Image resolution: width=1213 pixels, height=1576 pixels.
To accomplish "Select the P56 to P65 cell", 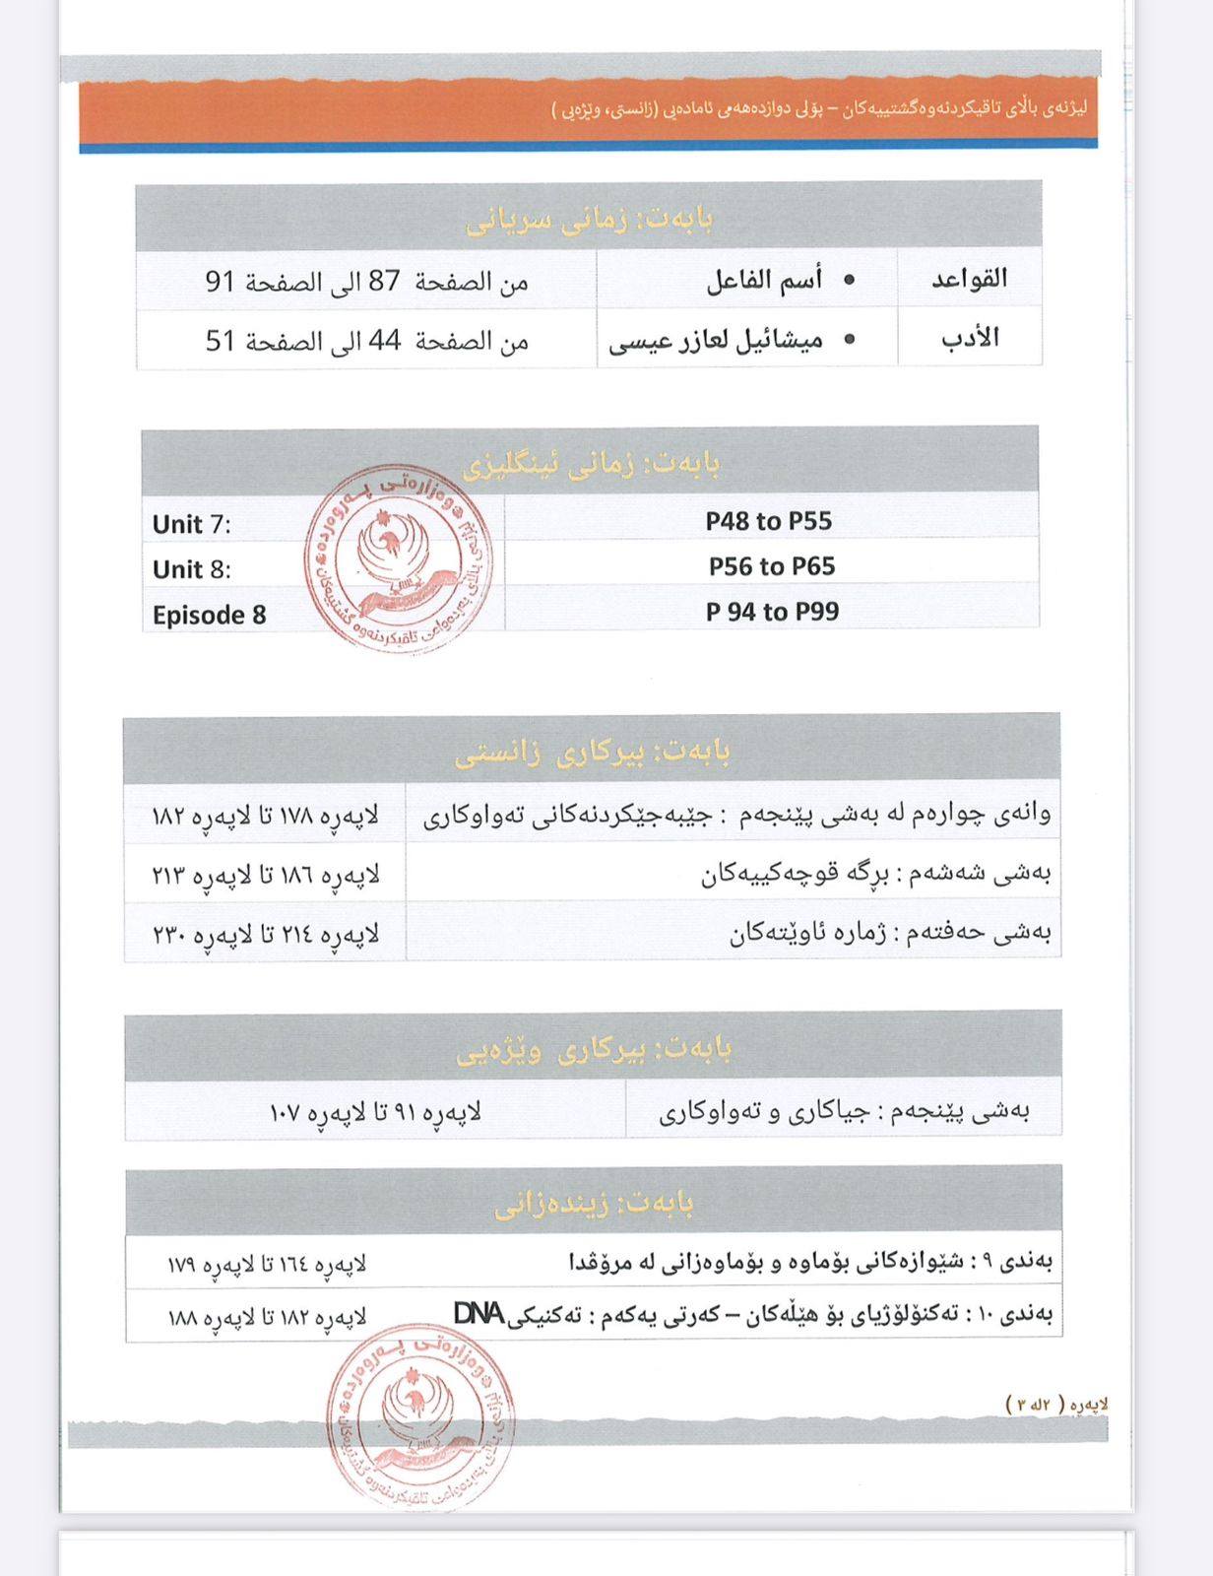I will (x=772, y=566).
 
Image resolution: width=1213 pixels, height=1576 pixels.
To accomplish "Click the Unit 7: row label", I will (x=192, y=524).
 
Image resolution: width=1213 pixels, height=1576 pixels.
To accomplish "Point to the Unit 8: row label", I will (x=192, y=569).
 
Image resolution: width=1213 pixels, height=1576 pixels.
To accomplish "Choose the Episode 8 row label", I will (x=210, y=615).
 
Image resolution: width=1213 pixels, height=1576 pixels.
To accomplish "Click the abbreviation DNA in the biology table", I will (x=479, y=1313).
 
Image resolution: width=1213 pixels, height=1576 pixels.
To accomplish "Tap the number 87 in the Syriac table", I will (x=384, y=282).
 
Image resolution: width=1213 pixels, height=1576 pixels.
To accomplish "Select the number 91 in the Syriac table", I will (x=221, y=282).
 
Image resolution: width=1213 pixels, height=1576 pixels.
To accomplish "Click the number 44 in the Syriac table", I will (x=384, y=341).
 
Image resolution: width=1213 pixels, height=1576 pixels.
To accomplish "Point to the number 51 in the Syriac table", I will (x=221, y=341).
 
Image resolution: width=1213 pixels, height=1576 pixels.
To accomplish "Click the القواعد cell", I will (x=970, y=279).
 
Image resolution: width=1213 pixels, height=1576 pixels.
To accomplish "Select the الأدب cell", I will (x=970, y=338).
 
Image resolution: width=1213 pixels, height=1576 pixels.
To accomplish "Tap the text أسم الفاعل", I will (x=765, y=281).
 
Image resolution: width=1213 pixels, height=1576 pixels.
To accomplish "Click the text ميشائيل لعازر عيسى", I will (x=716, y=341).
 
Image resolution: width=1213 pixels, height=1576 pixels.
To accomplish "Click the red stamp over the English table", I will (x=400, y=558).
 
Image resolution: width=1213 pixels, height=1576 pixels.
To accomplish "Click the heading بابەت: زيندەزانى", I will (x=594, y=1203).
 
